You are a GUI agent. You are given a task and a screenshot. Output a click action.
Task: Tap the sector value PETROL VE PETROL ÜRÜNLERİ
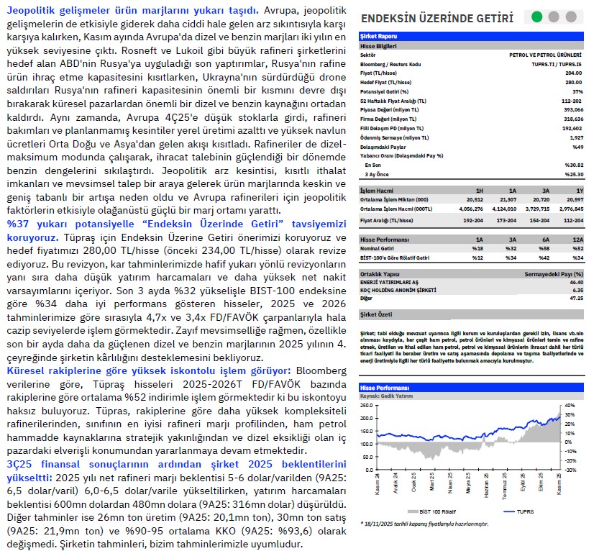[546, 53]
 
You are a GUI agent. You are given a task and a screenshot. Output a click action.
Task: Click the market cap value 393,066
[572, 109]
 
